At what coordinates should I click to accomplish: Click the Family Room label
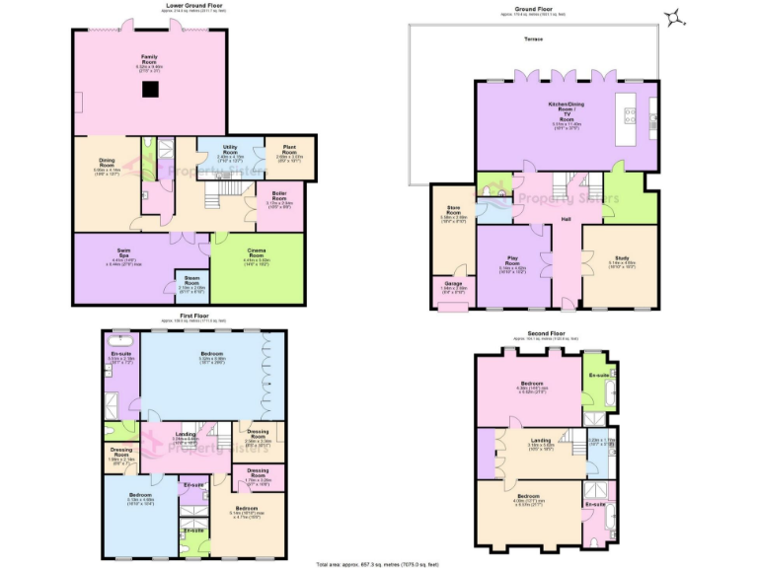[x=150, y=62]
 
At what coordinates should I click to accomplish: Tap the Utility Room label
[x=229, y=151]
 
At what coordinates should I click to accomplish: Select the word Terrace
[x=533, y=38]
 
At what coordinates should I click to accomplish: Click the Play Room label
[x=512, y=264]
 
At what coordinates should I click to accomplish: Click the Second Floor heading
[x=544, y=333]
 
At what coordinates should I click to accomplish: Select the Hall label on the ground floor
[x=567, y=219]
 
